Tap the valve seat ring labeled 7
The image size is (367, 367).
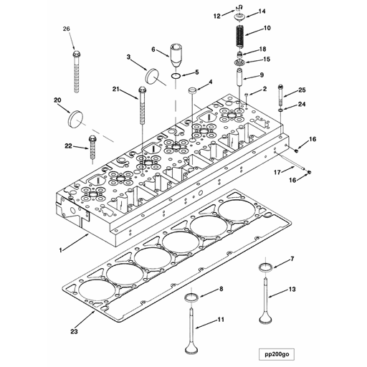(x=265, y=270)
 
